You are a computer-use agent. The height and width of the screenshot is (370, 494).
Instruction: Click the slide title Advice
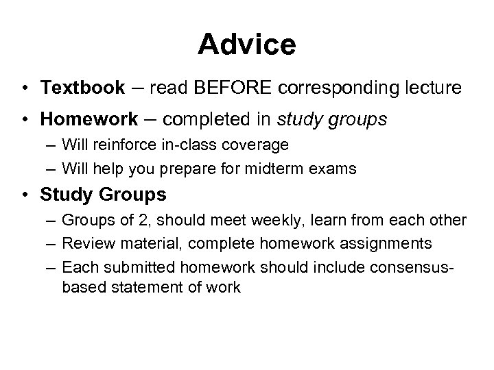[x=247, y=45]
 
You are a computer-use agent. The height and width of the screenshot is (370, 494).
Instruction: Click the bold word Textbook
[x=82, y=88]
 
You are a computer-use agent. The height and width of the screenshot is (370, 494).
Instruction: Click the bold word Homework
[x=89, y=120]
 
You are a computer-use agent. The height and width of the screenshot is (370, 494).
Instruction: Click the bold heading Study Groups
[x=103, y=195]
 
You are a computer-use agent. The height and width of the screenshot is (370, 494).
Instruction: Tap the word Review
[x=83, y=243]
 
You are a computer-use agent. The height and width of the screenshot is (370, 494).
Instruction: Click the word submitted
[x=133, y=266]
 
